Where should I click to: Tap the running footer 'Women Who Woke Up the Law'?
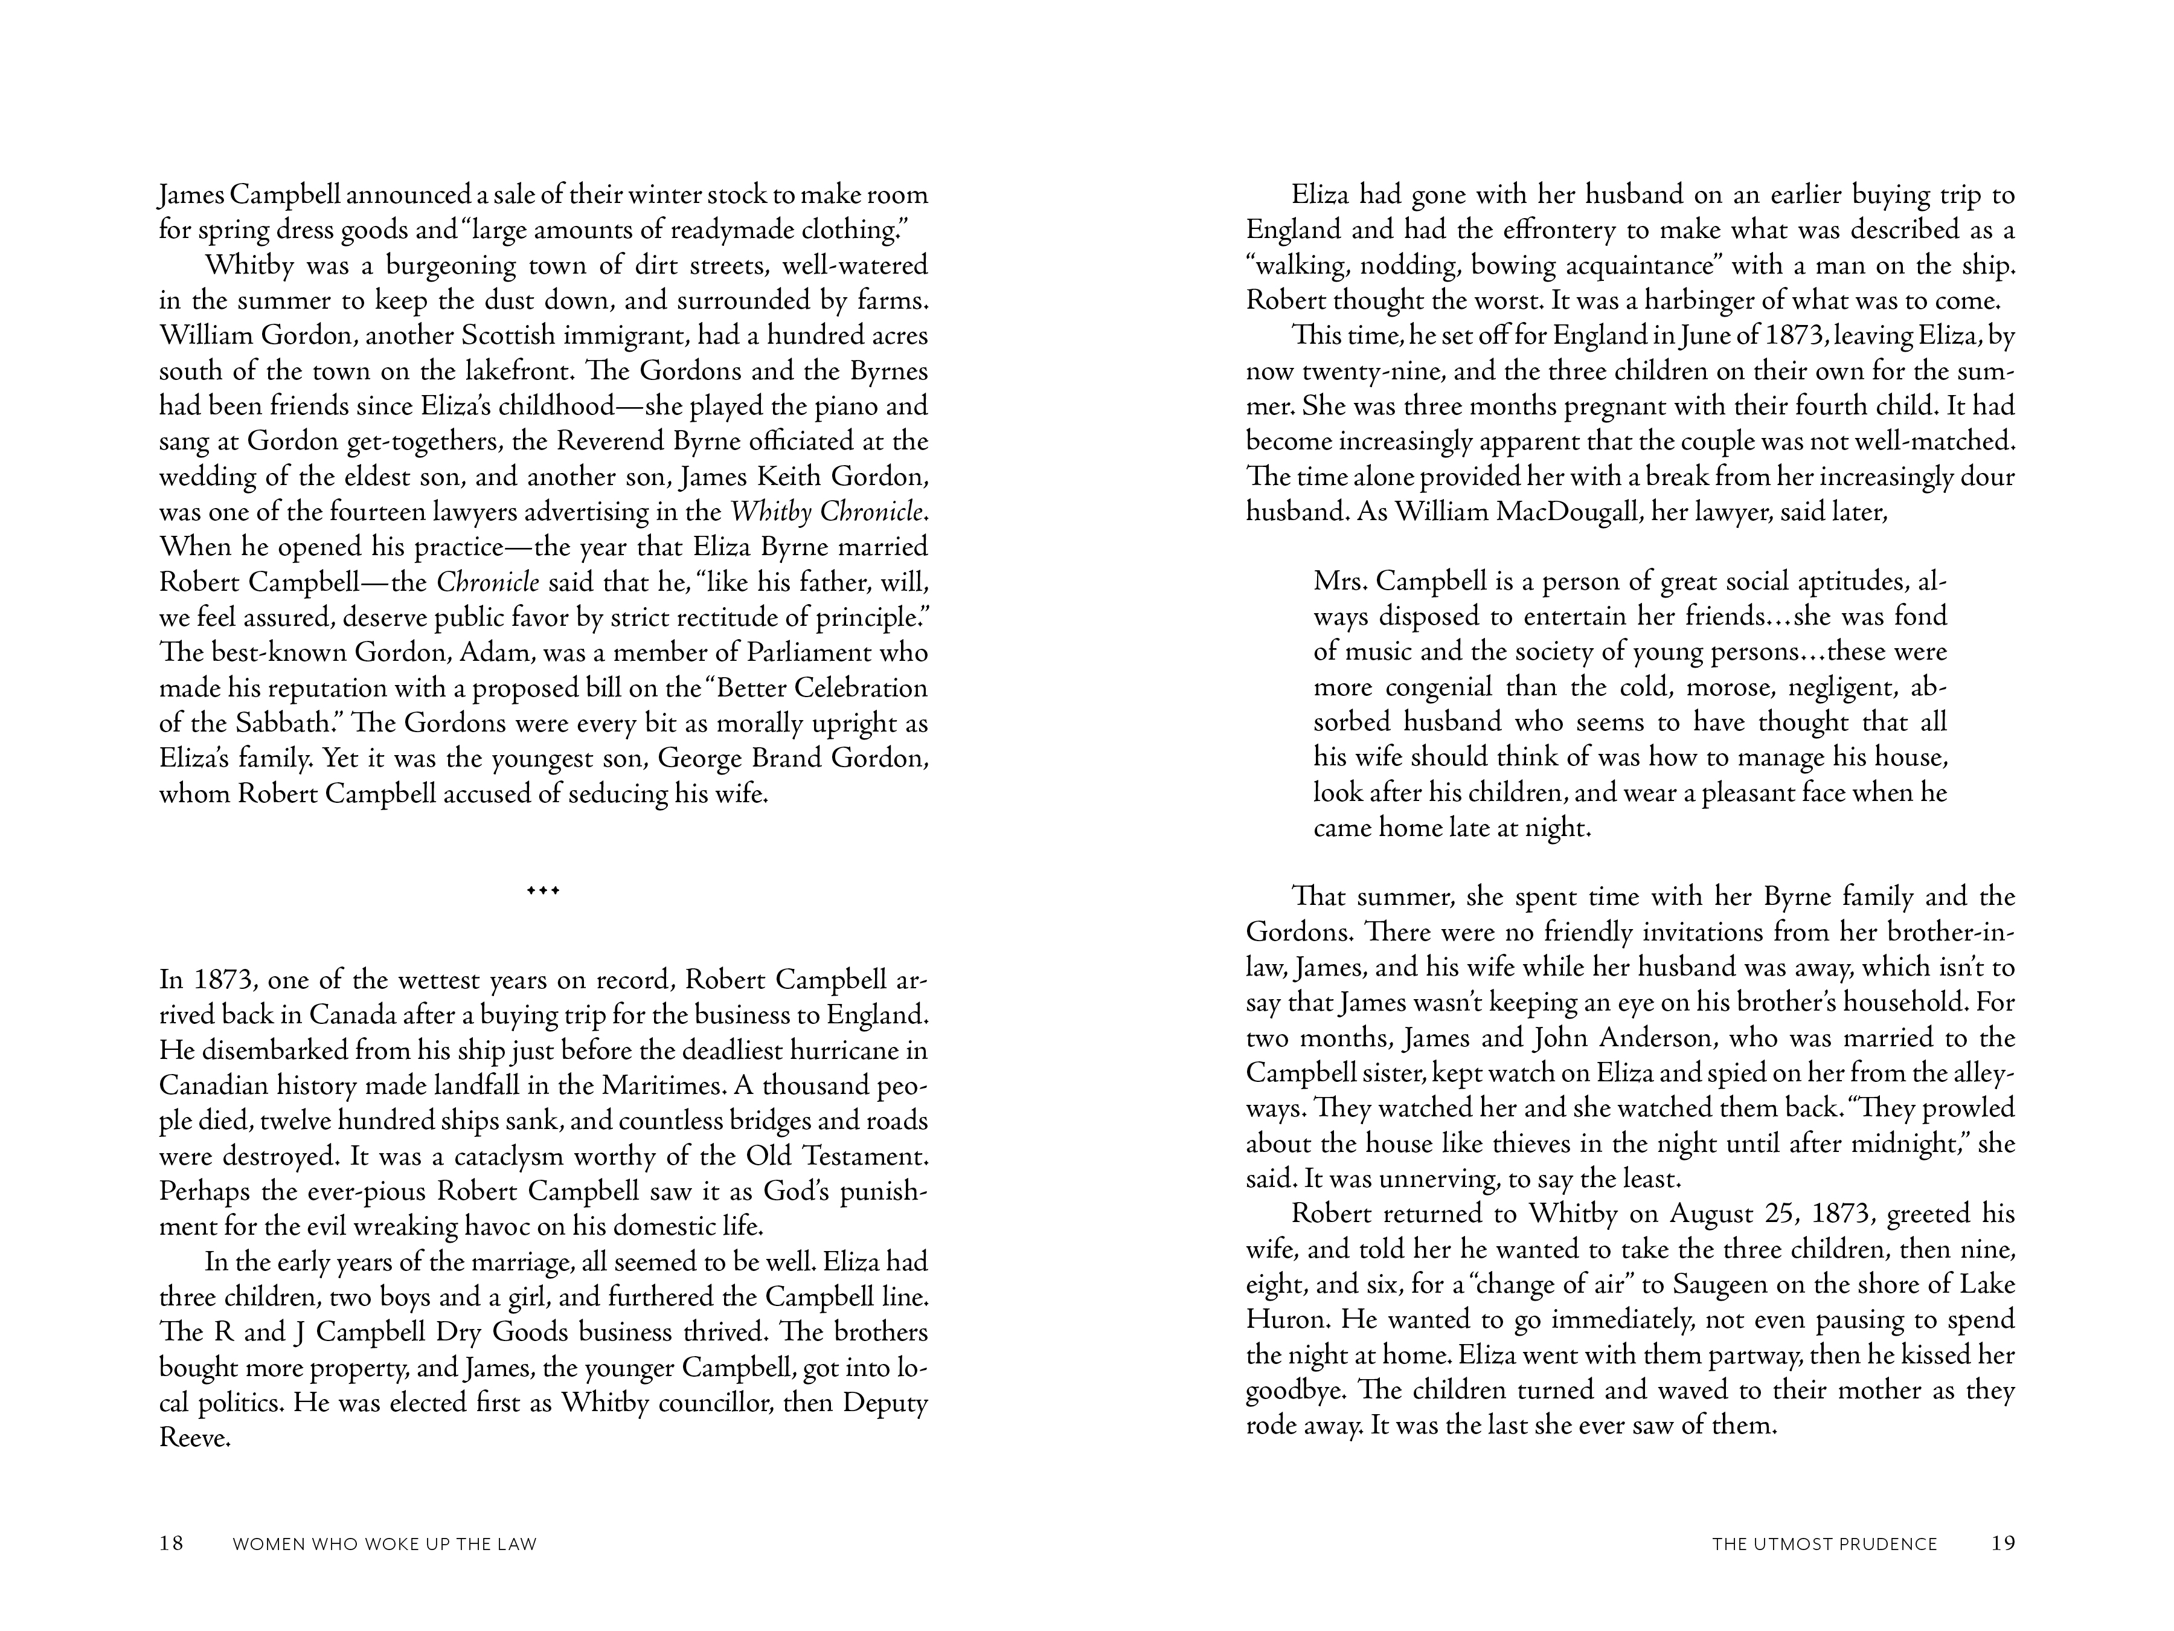[x=384, y=1545]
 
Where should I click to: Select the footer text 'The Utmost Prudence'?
[x=1824, y=1545]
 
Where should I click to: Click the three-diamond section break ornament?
[x=543, y=891]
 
